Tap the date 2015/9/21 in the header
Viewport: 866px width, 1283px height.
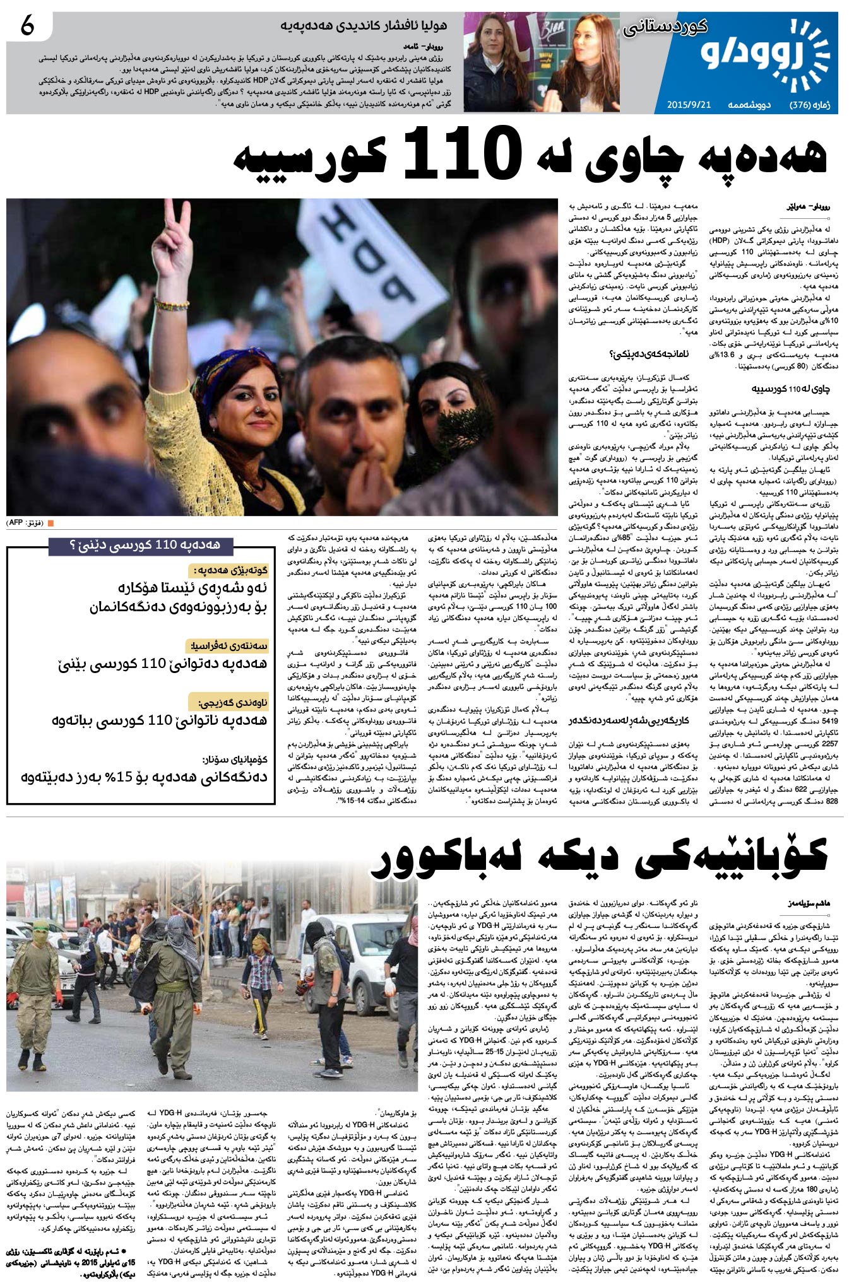689,105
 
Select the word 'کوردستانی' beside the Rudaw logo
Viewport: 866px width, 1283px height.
666,27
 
